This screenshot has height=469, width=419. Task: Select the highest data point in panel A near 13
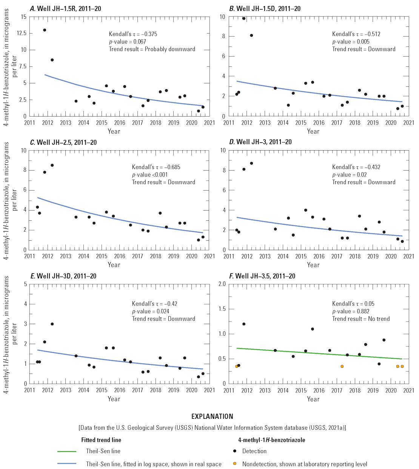click(45, 30)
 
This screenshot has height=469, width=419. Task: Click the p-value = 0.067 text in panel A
click(127, 42)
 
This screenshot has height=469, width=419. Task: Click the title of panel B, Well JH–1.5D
click(265, 8)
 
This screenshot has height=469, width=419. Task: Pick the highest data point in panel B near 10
click(244, 18)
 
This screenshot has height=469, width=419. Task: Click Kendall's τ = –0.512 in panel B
click(356, 34)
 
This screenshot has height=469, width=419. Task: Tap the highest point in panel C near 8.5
click(52, 165)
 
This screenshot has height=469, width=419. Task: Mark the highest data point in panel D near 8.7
click(251, 163)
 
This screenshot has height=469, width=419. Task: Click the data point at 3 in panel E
click(52, 324)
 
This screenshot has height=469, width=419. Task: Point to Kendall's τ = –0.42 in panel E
click(154, 304)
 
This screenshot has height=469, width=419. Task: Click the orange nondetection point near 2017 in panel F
click(342, 366)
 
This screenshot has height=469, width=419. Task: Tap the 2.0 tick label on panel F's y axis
click(222, 284)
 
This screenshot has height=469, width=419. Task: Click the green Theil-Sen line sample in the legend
click(67, 451)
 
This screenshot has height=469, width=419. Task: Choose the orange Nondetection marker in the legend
click(235, 464)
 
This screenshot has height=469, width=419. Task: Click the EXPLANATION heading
click(212, 417)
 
